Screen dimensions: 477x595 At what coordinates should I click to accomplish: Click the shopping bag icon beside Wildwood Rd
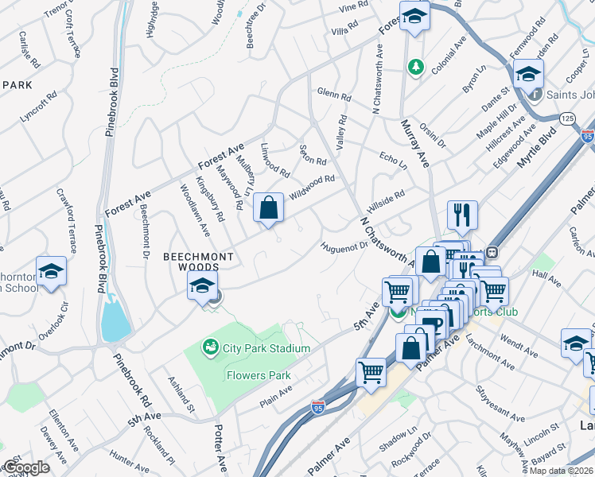tap(270, 208)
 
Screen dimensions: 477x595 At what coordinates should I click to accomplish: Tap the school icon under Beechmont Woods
tap(203, 286)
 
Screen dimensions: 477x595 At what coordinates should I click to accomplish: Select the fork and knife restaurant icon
tap(462, 214)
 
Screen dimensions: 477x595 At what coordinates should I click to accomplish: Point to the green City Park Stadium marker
tap(210, 347)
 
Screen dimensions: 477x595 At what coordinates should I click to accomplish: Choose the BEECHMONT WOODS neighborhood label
tap(199, 257)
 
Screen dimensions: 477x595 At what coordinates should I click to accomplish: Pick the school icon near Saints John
tap(527, 75)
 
